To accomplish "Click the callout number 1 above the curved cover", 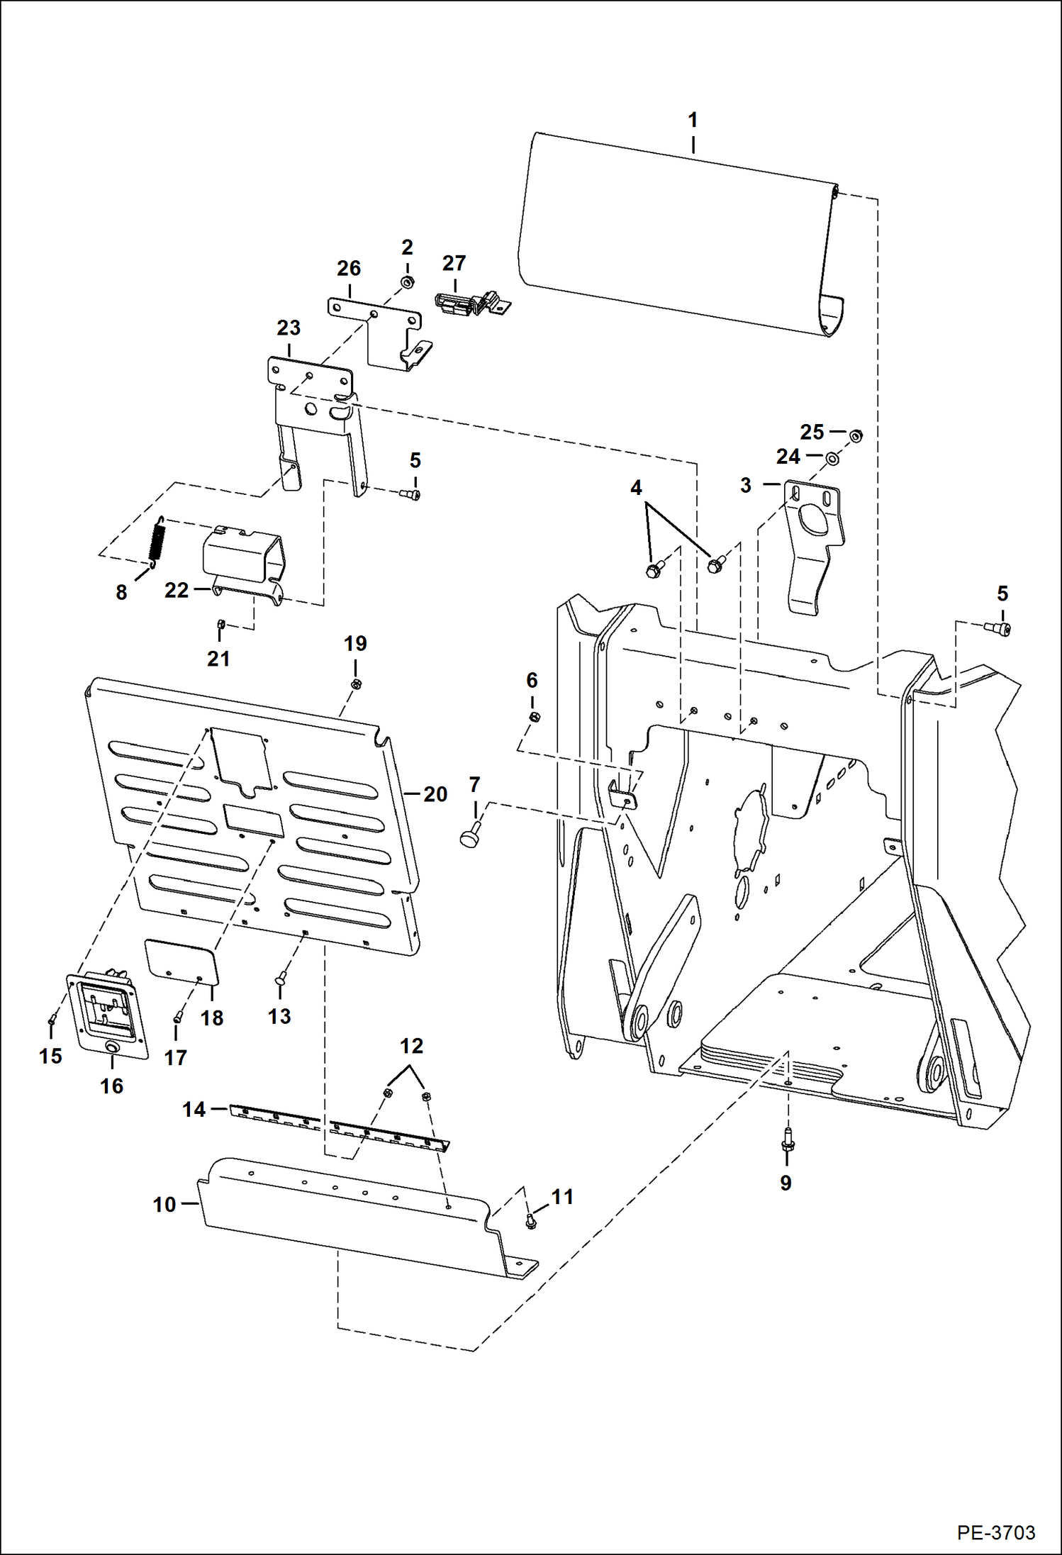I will pos(693,119).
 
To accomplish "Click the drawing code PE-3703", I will pos(995,1532).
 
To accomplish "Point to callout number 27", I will pos(454,263).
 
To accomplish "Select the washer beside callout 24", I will pos(832,459).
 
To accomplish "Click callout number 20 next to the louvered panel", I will pos(435,794).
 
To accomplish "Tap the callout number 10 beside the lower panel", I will pos(164,1204).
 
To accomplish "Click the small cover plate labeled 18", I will pos(181,961).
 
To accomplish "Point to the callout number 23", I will pos(289,328).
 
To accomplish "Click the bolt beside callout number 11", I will pos(530,1220).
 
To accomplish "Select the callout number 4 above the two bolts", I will pos(636,488).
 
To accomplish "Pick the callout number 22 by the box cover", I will pos(177,590).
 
